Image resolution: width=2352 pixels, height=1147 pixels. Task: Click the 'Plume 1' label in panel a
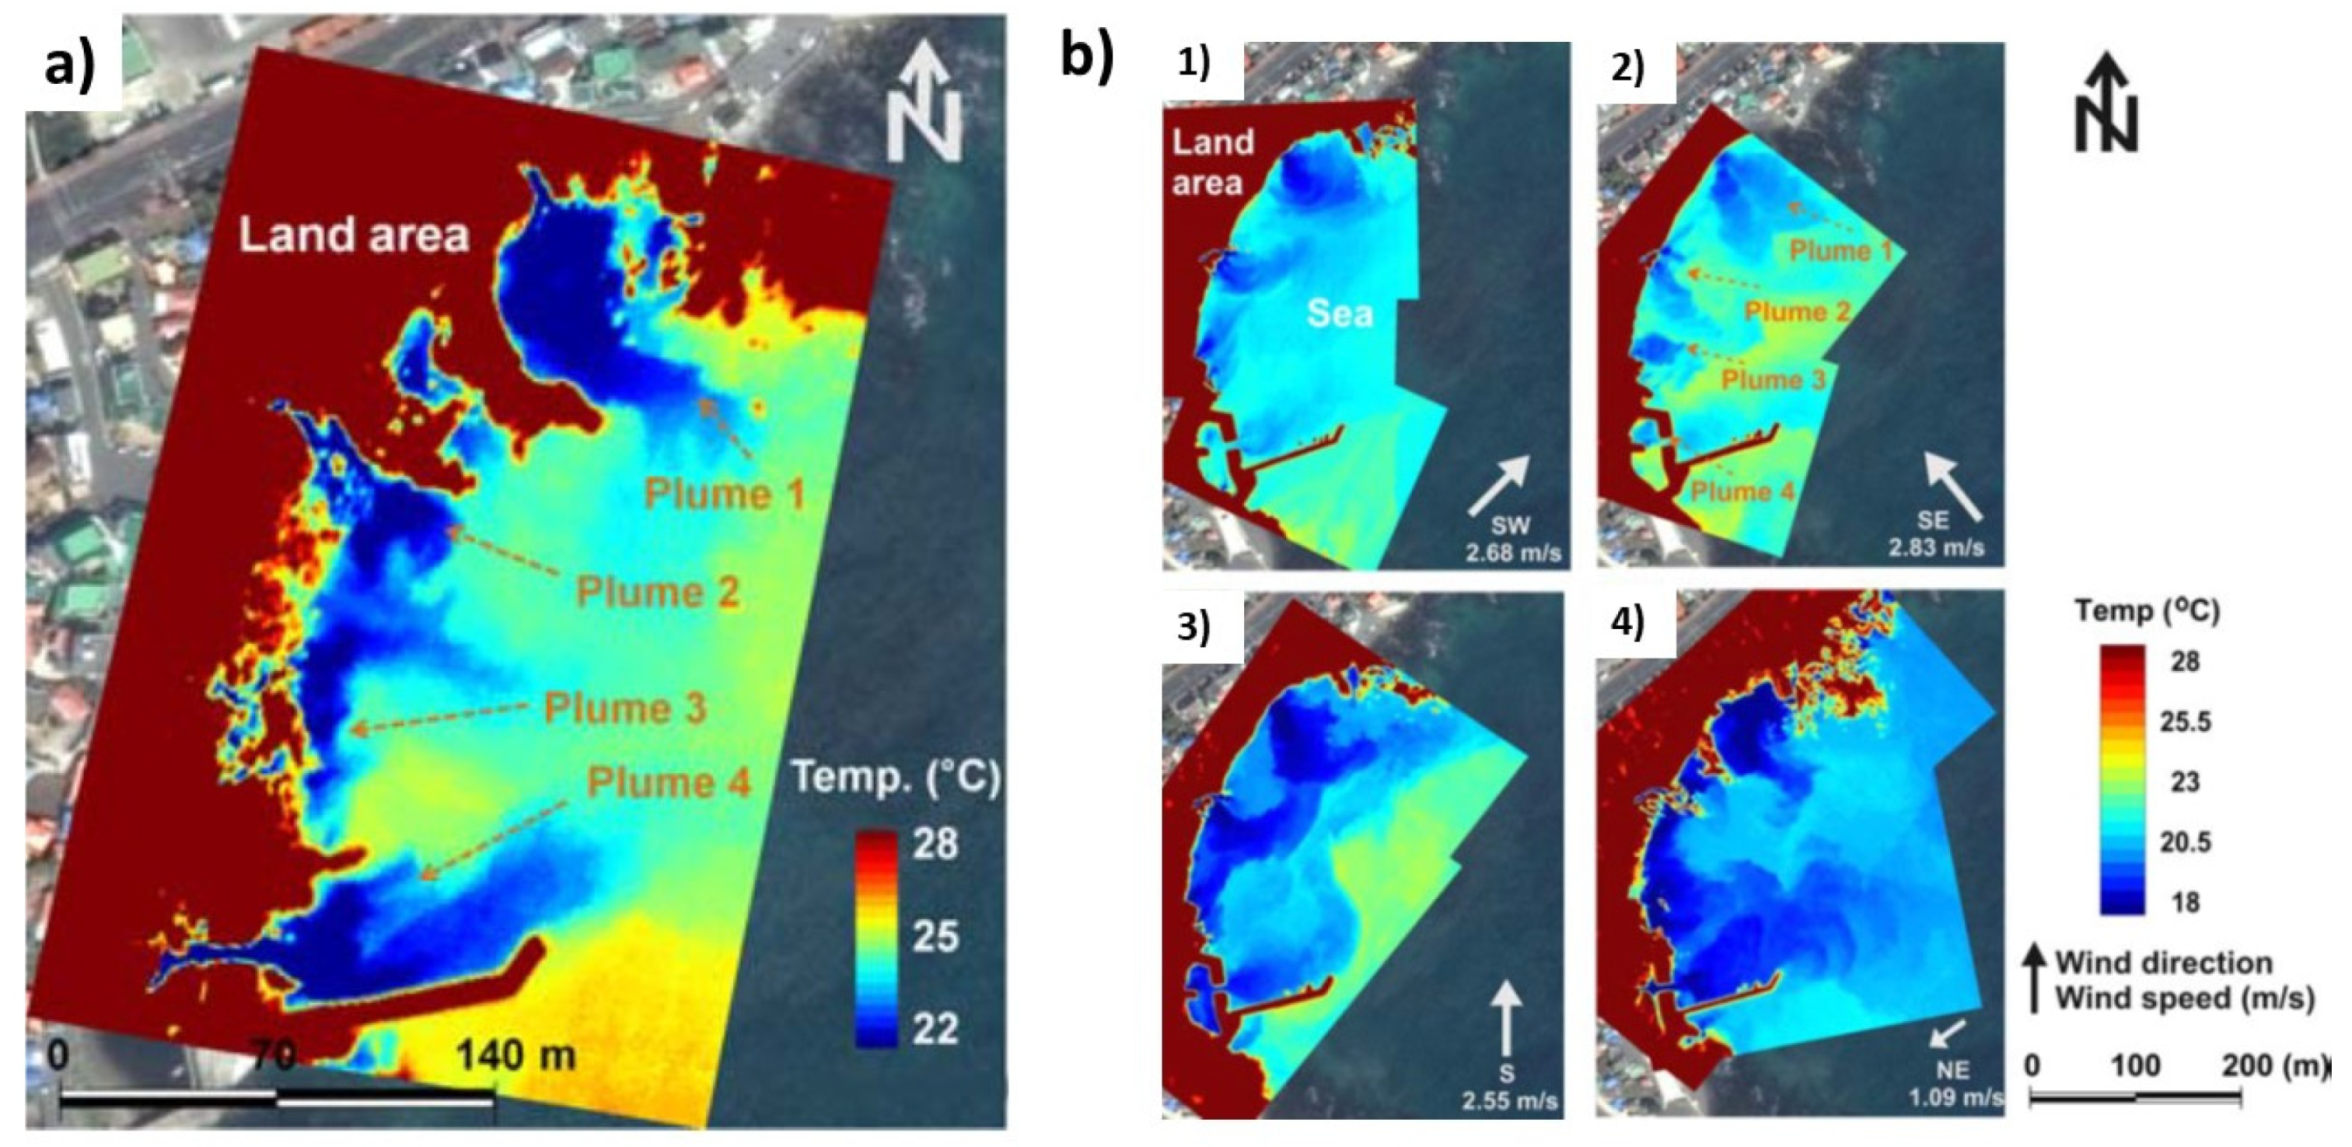(725, 494)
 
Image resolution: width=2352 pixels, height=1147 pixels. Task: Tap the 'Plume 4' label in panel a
(668, 783)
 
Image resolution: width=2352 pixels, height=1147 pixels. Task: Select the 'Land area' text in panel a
(353, 235)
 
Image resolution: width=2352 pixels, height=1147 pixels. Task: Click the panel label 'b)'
(1087, 57)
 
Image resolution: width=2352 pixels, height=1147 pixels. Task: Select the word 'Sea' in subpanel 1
(1339, 314)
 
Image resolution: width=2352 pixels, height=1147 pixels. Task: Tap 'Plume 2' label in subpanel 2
(1797, 311)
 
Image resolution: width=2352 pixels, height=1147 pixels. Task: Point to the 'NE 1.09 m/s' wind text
(1954, 1083)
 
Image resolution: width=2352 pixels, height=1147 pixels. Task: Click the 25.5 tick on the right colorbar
(2184, 722)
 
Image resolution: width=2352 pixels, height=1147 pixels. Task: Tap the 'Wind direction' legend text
(2162, 963)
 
